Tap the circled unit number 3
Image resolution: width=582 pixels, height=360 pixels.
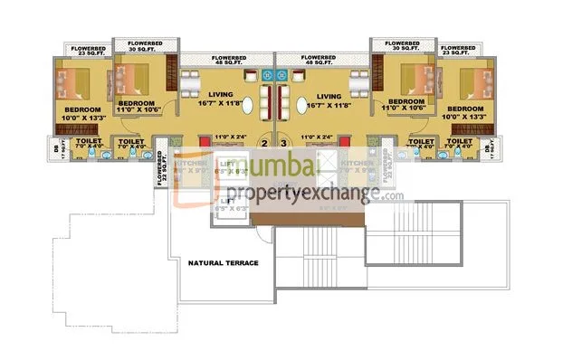282,143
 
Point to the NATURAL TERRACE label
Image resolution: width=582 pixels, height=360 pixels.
223,263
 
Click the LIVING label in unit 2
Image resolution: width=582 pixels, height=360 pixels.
222,94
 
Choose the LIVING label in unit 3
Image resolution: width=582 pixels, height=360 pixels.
329,94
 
